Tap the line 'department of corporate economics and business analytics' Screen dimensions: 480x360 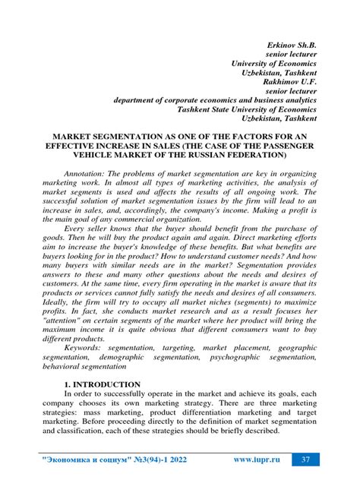pos(215,99)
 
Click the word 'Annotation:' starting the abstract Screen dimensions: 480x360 pos(89,174)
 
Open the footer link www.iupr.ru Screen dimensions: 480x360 pos(257,459)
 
